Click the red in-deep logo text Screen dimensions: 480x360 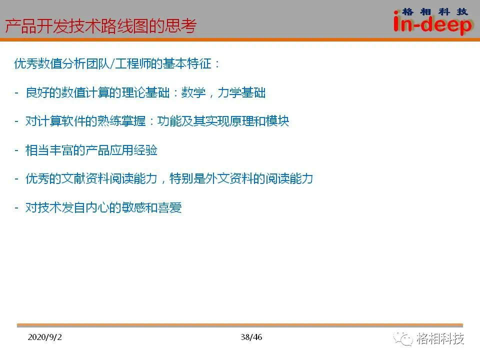[x=432, y=24]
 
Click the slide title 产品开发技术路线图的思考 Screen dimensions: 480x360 [x=100, y=25]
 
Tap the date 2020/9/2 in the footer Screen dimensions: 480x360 [x=44, y=337]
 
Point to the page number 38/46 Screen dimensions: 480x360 [x=251, y=337]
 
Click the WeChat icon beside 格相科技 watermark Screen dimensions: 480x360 [x=403, y=338]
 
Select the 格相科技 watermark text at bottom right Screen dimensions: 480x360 [x=440, y=338]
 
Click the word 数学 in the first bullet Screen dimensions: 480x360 [x=193, y=92]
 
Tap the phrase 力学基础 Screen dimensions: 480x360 [x=241, y=92]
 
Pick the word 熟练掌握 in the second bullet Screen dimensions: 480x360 [x=121, y=121]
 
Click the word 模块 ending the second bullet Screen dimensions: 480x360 [x=277, y=121]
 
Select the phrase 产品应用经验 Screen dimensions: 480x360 [x=121, y=150]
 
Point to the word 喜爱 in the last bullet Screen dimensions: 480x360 [x=169, y=207]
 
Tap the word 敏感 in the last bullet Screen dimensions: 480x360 [x=133, y=207]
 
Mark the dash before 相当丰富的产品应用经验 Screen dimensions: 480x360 [x=16, y=150]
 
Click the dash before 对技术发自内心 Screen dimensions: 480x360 [x=16, y=208]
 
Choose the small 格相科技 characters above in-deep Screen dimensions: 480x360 [x=435, y=12]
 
